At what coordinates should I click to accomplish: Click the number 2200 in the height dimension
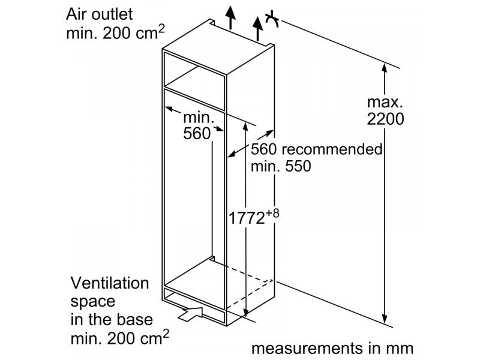[385, 119]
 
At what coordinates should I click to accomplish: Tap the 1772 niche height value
[247, 218]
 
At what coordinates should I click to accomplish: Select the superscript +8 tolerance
[272, 213]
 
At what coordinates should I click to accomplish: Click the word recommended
[332, 149]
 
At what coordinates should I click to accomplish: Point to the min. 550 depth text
[281, 166]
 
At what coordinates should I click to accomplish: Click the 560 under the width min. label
[197, 133]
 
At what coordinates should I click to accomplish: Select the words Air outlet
[100, 14]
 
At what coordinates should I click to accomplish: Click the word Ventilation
[110, 283]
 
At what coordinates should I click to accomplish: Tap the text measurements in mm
[332, 349]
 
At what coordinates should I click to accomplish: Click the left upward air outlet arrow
[230, 18]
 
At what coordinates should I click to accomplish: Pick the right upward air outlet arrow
[258, 28]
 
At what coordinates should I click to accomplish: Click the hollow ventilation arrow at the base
[190, 314]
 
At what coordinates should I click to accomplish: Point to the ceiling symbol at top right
[272, 19]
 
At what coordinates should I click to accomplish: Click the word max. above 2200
[385, 102]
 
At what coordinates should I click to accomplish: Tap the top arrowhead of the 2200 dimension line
[385, 68]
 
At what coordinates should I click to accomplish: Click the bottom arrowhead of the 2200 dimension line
[385, 319]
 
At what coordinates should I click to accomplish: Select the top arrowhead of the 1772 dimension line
[245, 127]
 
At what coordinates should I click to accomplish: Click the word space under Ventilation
[93, 302]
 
